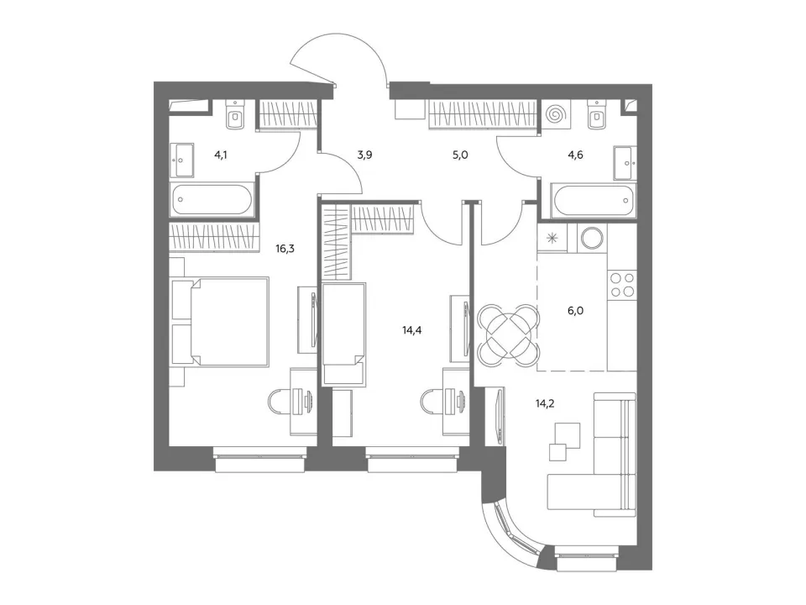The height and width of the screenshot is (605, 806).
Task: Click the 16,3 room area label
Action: [x=285, y=249]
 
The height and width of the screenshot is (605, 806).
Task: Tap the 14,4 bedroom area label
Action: [x=411, y=329]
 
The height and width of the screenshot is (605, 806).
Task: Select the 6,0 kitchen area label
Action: [x=575, y=310]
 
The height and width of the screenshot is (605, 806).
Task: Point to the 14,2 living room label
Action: [x=544, y=403]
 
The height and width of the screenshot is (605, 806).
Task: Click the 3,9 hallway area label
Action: [x=364, y=155]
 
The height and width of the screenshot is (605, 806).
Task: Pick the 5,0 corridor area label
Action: [x=460, y=155]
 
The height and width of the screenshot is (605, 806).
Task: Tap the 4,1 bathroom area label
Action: [x=221, y=155]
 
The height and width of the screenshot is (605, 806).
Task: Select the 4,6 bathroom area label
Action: [x=575, y=155]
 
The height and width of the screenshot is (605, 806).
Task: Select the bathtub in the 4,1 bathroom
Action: [x=212, y=199]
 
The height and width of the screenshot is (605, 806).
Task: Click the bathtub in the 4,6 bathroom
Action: [x=594, y=201]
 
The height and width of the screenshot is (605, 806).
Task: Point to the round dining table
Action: [x=509, y=335]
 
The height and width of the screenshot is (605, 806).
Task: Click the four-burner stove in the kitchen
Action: [x=622, y=285]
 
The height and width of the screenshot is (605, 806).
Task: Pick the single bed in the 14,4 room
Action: [x=344, y=334]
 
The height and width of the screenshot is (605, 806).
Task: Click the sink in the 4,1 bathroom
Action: [x=182, y=160]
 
